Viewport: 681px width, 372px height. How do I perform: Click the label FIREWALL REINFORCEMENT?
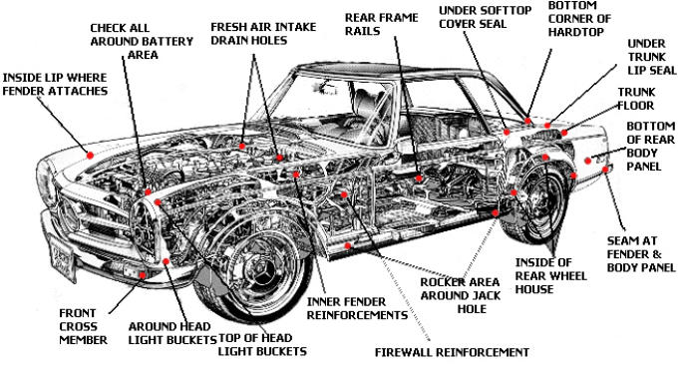click(452, 352)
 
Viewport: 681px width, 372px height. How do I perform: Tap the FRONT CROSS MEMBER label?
click(84, 326)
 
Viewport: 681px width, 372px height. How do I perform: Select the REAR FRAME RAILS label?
click(381, 24)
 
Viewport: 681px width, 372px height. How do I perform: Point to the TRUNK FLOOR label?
click(636, 99)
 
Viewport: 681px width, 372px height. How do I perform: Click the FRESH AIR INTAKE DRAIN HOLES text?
click(263, 34)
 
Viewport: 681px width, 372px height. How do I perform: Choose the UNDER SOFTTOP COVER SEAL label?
click(486, 17)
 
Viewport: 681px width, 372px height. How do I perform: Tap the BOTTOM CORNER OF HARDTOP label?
click(579, 19)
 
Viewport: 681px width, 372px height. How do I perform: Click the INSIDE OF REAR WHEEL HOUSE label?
click(551, 276)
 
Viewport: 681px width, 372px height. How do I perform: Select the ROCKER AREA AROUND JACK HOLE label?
click(461, 295)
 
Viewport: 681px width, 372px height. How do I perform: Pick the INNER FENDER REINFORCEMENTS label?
click(357, 308)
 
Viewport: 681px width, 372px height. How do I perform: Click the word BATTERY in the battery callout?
click(170, 41)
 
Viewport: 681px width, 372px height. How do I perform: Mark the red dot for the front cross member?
click(142, 275)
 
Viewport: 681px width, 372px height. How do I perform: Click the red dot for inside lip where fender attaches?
click(91, 156)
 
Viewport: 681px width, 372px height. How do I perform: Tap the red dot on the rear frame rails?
click(419, 179)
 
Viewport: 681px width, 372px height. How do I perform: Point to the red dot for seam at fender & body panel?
click(605, 170)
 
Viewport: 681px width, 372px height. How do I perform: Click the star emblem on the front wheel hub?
click(259, 268)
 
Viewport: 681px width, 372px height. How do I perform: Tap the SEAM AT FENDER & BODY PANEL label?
click(640, 253)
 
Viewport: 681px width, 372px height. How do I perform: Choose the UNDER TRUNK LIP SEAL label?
click(652, 57)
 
